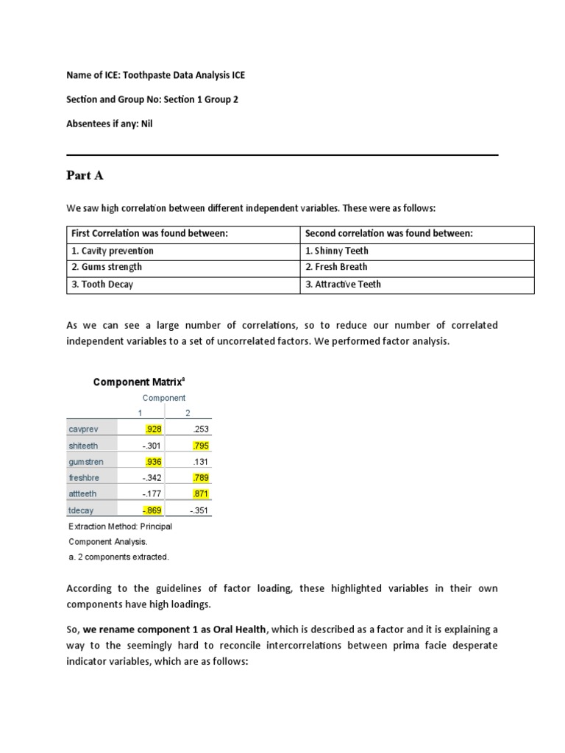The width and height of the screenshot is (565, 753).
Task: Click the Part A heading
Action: [x=84, y=176]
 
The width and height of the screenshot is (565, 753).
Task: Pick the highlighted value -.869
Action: [x=154, y=510]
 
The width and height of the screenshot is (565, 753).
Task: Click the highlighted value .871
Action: [x=200, y=494]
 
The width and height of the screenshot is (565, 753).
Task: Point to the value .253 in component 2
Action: [x=200, y=429]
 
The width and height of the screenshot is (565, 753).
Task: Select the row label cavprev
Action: [x=82, y=429]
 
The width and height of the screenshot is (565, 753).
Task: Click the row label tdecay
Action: [x=81, y=510]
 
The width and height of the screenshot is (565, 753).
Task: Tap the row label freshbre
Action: [x=83, y=478]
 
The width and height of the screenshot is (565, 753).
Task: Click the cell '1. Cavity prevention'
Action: [x=113, y=251]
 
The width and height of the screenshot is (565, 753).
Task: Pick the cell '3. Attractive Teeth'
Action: [x=343, y=285]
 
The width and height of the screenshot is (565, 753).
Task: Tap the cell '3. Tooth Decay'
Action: [x=102, y=285]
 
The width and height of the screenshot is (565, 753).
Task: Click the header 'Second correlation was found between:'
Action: [x=388, y=233]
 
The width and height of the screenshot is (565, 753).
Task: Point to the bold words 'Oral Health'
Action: [x=236, y=630]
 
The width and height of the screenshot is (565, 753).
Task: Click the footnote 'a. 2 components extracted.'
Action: [x=118, y=557]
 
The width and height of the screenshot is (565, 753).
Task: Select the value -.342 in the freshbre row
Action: [x=154, y=478]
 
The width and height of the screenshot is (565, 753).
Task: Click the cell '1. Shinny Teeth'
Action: [x=336, y=251]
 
